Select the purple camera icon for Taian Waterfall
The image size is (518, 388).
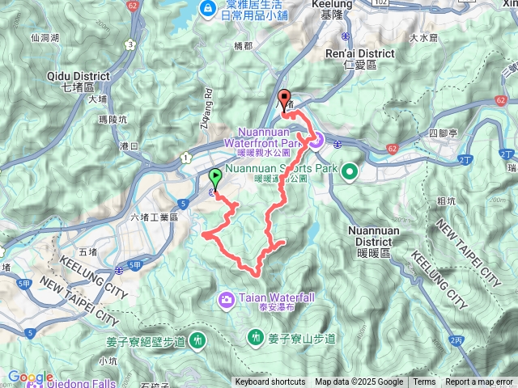[x=226, y=300]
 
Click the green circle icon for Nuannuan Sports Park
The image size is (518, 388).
[x=350, y=170]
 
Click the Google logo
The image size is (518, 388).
[x=31, y=377]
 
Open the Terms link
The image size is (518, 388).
[x=424, y=382]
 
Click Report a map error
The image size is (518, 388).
[x=479, y=382]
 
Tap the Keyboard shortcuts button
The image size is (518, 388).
[x=270, y=382]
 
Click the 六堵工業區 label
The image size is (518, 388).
[x=159, y=217]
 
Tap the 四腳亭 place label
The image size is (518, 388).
[x=443, y=131]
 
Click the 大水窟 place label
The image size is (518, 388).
[x=423, y=37]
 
